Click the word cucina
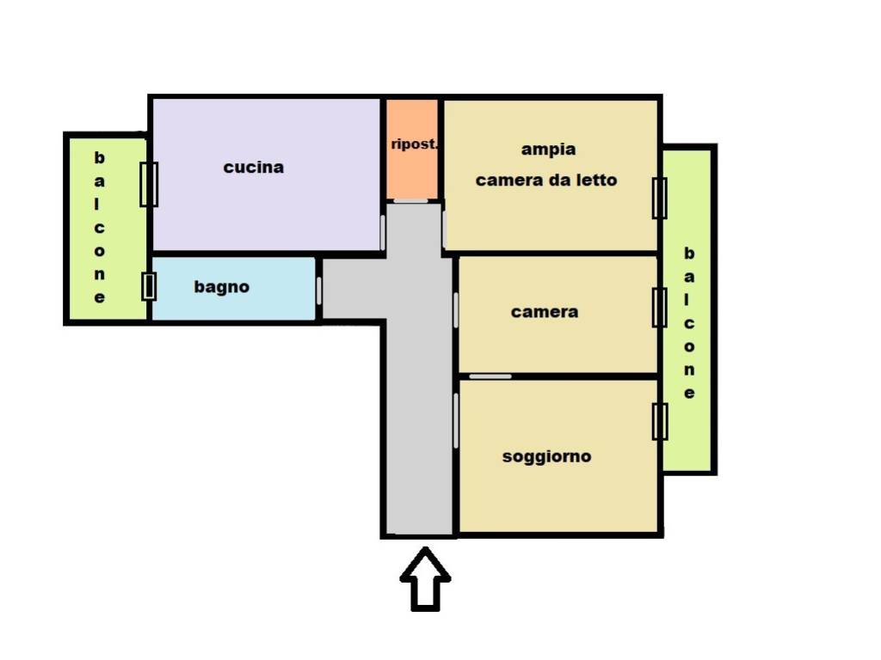(254, 168)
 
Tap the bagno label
(221, 287)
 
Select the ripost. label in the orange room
(414, 144)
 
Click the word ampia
(548, 150)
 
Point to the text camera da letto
(546, 180)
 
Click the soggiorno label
(546, 456)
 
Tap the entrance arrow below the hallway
(425, 578)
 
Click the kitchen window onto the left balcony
(149, 184)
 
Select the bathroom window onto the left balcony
(148, 286)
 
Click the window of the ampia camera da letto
(660, 199)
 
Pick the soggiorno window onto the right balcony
(660, 421)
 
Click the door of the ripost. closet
(410, 200)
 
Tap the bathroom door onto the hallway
(318, 290)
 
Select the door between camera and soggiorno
(490, 376)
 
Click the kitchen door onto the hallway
(383, 232)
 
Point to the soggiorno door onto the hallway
(456, 420)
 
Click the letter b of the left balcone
(100, 158)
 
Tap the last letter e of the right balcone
(689, 394)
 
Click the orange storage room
(412, 150)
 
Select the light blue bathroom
(234, 289)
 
